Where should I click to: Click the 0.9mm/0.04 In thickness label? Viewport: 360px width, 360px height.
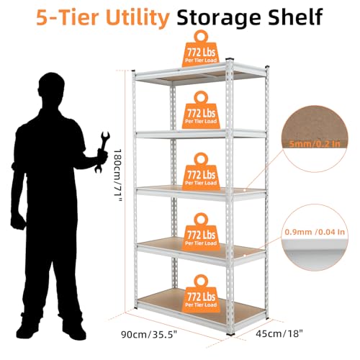(x=315, y=232)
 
